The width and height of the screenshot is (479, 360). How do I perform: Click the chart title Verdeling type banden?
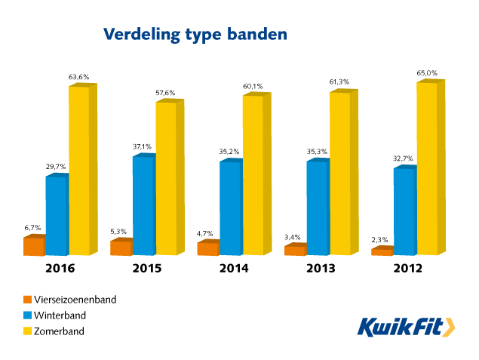pos(195,35)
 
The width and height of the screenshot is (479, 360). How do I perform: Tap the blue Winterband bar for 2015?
pos(143,205)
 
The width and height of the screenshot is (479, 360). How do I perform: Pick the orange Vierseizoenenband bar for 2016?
pos(34,247)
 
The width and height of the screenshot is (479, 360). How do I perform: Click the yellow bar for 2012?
pos(427,168)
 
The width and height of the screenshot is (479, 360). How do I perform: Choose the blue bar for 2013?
pos(317,208)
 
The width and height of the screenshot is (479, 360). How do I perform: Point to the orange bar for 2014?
pos(207,249)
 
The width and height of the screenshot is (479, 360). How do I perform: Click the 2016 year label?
pos(58,269)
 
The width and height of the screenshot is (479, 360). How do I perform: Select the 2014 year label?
pos(233,269)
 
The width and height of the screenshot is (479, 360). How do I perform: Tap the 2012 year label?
pos(407,269)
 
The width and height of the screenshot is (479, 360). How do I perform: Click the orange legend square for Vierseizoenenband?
pos(28,300)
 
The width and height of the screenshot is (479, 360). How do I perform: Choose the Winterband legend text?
pos(60,315)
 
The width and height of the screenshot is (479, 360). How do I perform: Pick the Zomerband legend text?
pos(58,331)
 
